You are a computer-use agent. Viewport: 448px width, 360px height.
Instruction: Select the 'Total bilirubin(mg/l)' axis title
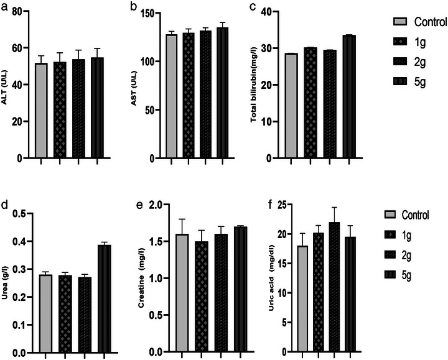click(255, 90)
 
